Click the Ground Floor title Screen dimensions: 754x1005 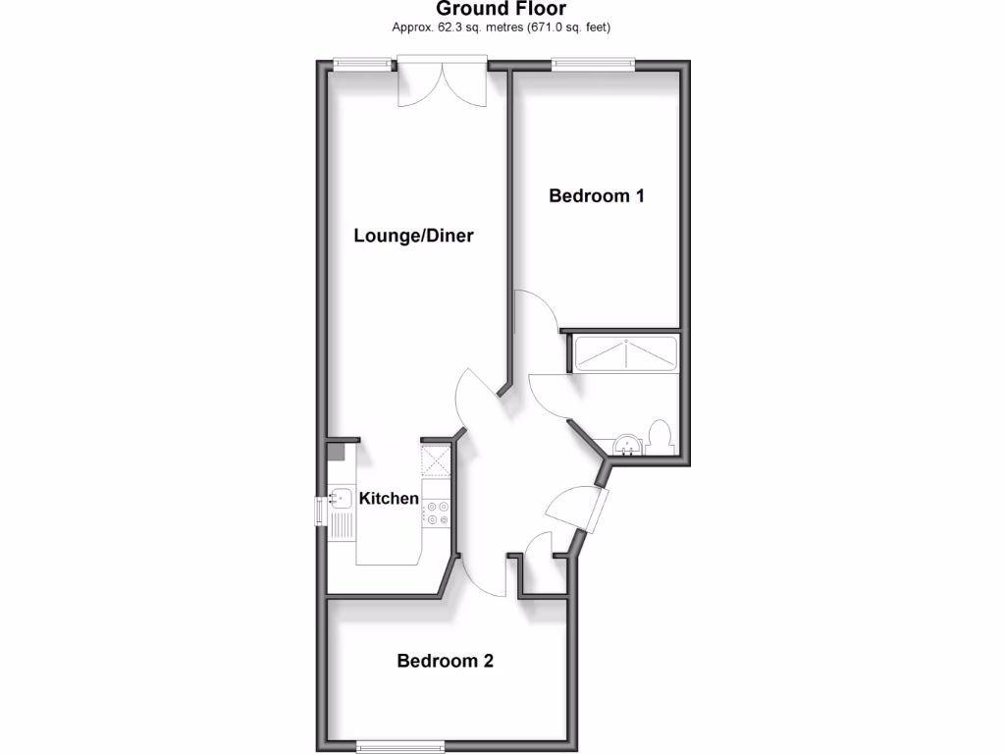[501, 9]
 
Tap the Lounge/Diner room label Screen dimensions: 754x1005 [413, 236]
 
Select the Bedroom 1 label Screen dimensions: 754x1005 [596, 195]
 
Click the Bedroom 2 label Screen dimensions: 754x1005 [445, 661]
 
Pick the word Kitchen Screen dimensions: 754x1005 [389, 499]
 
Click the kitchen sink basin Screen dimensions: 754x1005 [342, 499]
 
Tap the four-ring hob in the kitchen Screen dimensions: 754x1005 [437, 512]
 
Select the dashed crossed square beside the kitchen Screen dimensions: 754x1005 [436, 459]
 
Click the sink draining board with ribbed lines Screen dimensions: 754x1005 [342, 525]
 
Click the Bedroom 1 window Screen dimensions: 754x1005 [592, 64]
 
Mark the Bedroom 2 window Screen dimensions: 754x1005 [400, 745]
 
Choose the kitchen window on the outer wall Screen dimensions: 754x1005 [320, 512]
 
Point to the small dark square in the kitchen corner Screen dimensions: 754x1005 [336, 453]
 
